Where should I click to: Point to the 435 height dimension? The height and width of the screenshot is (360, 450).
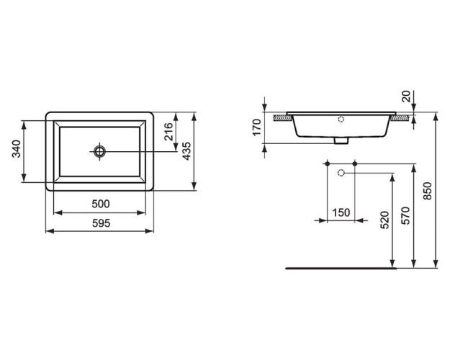(186, 151)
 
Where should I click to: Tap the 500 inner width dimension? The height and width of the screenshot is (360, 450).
(101, 204)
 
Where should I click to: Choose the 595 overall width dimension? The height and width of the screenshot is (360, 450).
(101, 223)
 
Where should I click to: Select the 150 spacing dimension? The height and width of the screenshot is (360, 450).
(341, 212)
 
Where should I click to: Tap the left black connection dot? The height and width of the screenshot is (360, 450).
(328, 165)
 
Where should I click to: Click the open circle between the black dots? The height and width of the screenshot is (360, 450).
(342, 174)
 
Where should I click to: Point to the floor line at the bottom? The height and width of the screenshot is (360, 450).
(342, 267)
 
